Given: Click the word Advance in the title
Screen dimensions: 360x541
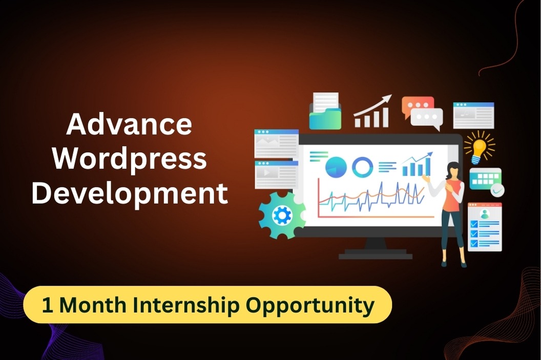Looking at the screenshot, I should pyautogui.click(x=129, y=124).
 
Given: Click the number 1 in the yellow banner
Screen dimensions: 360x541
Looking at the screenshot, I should pyautogui.click(x=47, y=305).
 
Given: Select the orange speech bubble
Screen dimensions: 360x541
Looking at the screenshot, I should pyautogui.click(x=417, y=103).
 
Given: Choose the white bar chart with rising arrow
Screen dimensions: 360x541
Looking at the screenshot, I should pyautogui.click(x=373, y=112).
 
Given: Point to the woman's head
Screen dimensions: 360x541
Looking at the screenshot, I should pyautogui.click(x=453, y=170).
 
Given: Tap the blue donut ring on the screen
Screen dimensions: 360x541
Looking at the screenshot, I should pyautogui.click(x=362, y=167).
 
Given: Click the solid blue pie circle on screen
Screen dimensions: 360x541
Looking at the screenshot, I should pyautogui.click(x=336, y=167).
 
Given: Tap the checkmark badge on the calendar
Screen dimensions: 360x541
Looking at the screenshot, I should pyautogui.click(x=497, y=190).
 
